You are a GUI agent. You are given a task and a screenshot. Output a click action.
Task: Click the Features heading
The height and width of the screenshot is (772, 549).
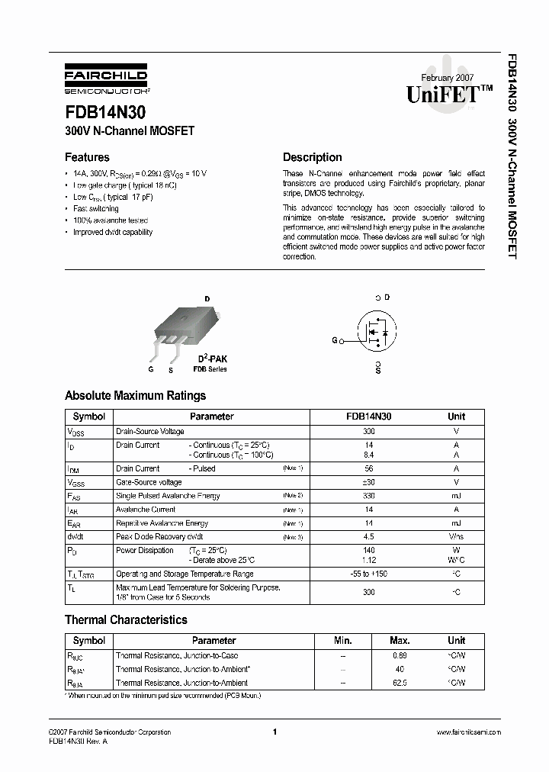87,157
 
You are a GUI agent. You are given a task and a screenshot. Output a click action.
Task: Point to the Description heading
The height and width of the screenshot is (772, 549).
312,157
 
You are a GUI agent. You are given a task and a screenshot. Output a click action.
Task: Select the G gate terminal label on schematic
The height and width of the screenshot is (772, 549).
335,341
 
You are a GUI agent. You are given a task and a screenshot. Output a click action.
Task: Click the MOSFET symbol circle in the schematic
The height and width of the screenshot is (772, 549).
377,333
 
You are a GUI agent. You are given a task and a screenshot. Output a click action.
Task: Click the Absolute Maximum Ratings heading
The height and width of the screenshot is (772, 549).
135,396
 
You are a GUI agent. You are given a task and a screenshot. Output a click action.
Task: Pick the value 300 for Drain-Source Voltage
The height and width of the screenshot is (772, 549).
369,432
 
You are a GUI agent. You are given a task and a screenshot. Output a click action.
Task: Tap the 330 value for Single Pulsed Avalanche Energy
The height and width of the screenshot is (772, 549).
369,496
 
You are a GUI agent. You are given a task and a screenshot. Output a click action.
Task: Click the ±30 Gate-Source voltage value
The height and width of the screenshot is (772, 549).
369,482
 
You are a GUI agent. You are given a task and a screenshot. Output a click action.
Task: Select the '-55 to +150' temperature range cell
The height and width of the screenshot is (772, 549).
369,574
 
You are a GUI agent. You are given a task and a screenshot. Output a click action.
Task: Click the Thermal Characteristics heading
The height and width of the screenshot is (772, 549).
126,620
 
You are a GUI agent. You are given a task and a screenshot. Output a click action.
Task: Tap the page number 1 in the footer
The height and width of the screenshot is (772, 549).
274,732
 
